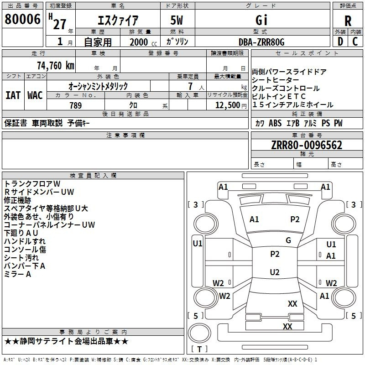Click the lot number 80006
click(22, 19)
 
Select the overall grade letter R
click(348, 21)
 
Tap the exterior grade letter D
click(340, 42)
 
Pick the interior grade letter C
click(355, 42)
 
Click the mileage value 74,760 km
click(56, 66)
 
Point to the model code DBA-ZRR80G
click(261, 42)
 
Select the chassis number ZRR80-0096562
click(307, 145)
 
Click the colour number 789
click(76, 105)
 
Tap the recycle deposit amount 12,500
click(228, 105)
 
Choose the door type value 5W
click(177, 20)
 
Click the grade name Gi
click(261, 20)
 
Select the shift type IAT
click(13, 95)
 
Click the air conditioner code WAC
click(35, 95)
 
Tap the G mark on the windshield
click(288, 240)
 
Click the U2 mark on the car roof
click(275, 272)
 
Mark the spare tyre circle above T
click(199, 333)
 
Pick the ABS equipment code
click(275, 123)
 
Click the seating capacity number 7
click(190, 86)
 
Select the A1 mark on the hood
click(254, 219)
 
